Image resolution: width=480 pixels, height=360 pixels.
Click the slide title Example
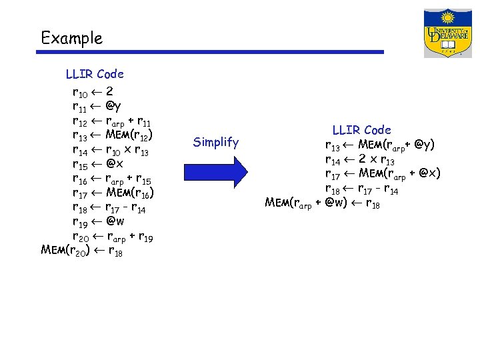pos(71,38)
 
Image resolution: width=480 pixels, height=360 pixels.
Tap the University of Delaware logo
pos(447,33)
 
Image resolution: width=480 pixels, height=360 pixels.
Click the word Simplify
pos(215,141)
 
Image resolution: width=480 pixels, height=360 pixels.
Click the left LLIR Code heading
pos(95,74)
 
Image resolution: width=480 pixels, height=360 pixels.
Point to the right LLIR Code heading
pos(361,129)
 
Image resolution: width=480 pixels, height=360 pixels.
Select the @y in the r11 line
pos(113,105)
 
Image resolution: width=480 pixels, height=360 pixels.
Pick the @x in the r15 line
pos(113,164)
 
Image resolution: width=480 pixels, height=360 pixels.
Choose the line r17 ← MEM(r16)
pos(113,193)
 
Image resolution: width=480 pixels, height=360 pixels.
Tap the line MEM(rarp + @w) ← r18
pos(323,203)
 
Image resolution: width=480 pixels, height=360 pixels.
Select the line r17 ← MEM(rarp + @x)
pos(383,174)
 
